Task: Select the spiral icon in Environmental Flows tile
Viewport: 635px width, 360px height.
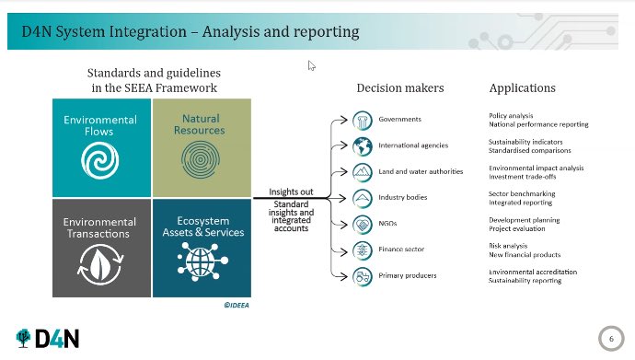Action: tap(95, 161)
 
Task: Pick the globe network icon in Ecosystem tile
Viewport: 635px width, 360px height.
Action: tap(202, 263)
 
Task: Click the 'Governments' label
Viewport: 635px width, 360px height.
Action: tap(400, 120)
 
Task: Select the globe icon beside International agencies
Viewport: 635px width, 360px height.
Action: tap(363, 146)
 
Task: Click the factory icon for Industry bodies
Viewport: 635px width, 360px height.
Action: tap(363, 198)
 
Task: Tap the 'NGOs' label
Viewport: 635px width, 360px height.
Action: tap(389, 223)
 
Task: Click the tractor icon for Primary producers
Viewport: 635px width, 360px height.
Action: tap(363, 275)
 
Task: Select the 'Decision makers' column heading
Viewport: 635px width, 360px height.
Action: tap(400, 88)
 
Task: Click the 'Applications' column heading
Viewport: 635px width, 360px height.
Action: tap(522, 88)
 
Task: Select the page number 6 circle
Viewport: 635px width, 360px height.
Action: tap(610, 338)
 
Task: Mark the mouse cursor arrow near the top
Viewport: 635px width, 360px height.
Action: tap(312, 65)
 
